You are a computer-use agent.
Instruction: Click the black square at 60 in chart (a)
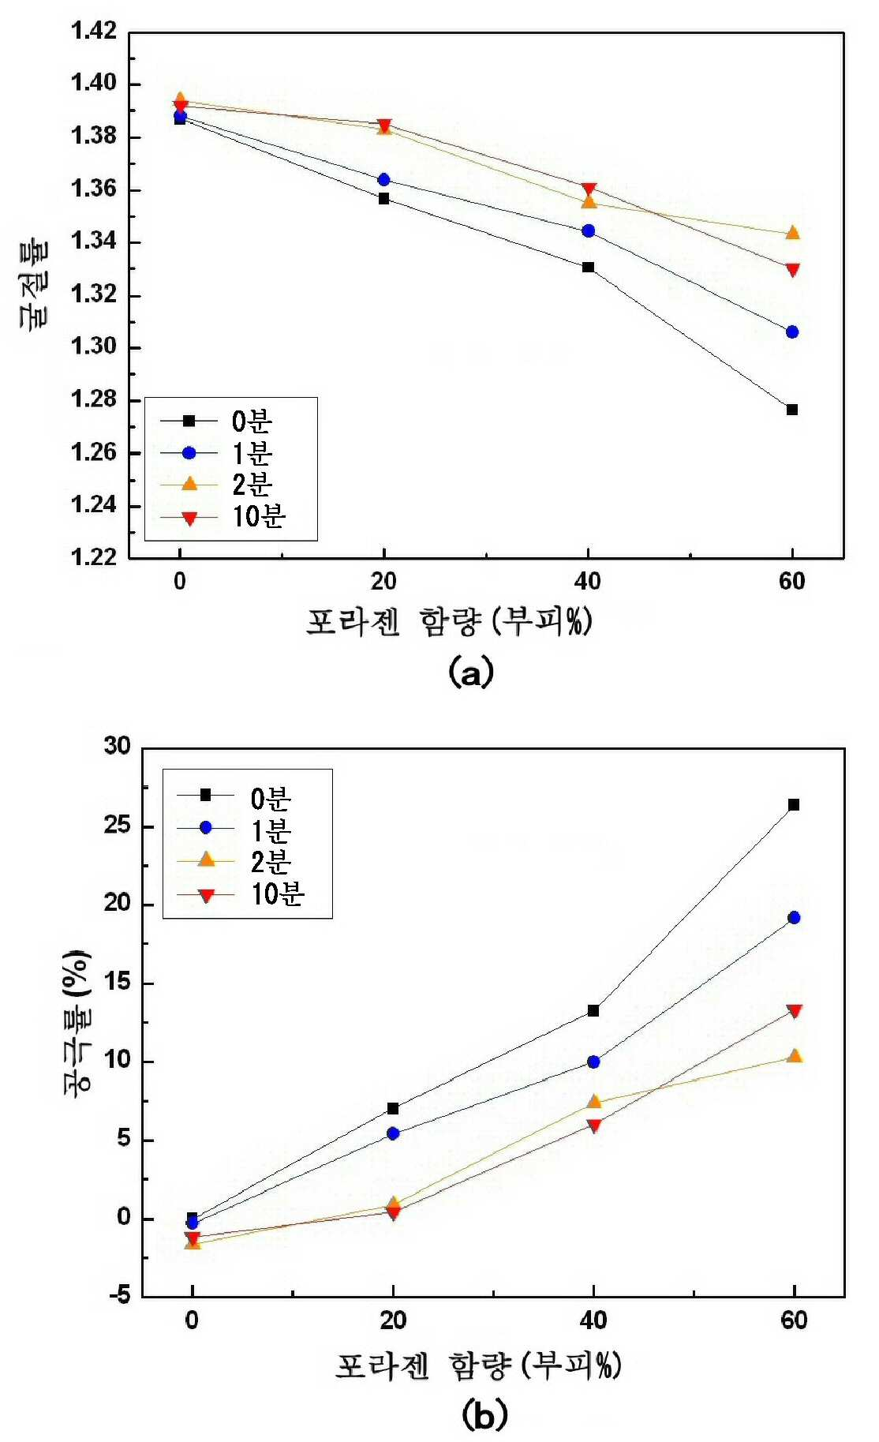[x=792, y=410]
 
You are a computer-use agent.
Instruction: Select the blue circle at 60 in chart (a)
[x=792, y=332]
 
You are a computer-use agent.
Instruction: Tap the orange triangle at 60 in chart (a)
[x=793, y=233]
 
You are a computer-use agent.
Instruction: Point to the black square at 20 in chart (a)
[x=383, y=199]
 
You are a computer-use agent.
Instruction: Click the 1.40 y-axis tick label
[x=94, y=83]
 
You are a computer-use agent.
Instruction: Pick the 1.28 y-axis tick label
[x=94, y=399]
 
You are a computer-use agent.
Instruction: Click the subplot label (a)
[x=470, y=672]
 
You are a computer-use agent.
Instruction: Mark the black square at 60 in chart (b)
[x=794, y=805]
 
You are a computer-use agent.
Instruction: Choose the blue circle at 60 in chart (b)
[x=794, y=918]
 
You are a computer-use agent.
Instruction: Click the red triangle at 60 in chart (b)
[x=795, y=1012]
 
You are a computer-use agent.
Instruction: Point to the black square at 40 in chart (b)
[x=593, y=1011]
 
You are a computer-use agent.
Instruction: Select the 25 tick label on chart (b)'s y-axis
[x=118, y=826]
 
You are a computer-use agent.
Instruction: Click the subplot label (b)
[x=484, y=1415]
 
